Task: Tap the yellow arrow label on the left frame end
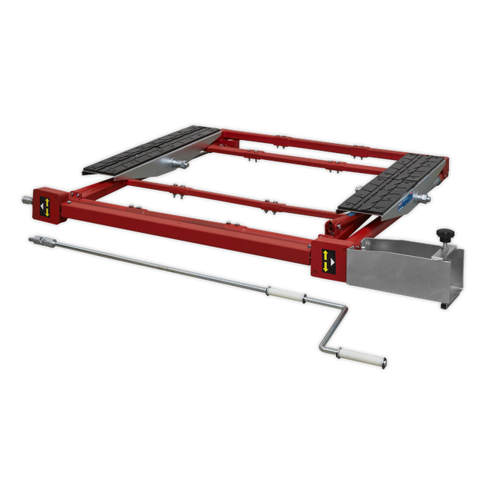pos(46,205)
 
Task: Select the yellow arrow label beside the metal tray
pos(328,260)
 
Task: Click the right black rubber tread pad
pos(394,183)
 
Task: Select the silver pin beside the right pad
pos(422,198)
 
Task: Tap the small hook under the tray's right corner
pos(444,306)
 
